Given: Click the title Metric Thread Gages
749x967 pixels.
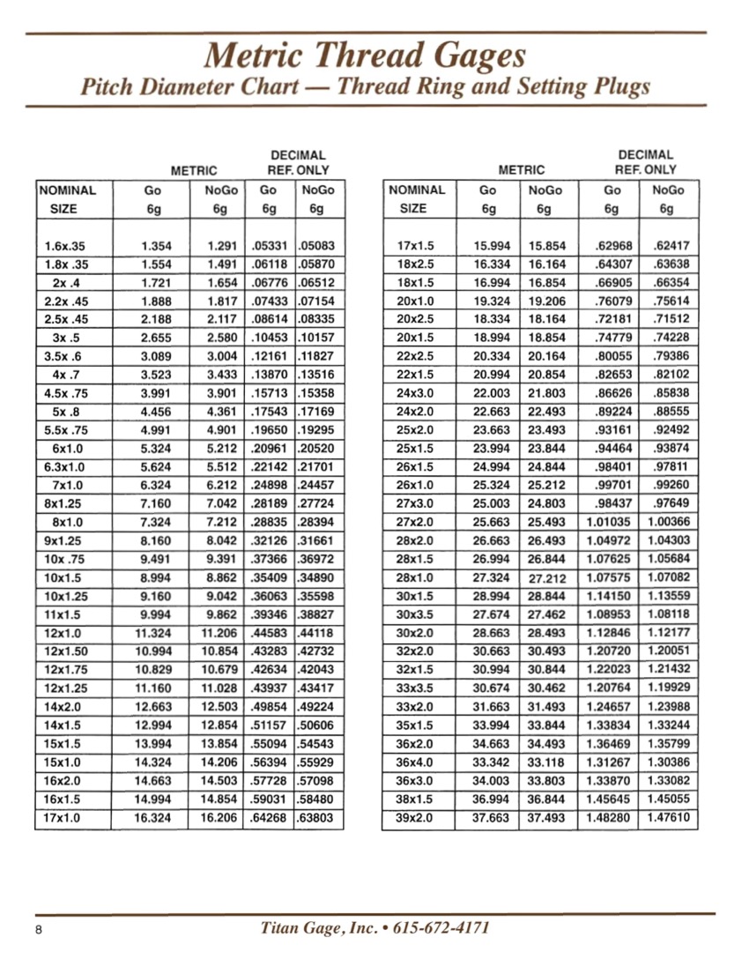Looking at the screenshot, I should pyautogui.click(x=365, y=56).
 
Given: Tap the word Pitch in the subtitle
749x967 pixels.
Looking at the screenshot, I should pyautogui.click(x=108, y=87).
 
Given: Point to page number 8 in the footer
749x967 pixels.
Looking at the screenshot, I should pyautogui.click(x=41, y=931).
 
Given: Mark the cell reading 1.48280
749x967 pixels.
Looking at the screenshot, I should pyautogui.click(x=609, y=819).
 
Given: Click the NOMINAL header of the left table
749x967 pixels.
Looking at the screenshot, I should pyautogui.click(x=68, y=189).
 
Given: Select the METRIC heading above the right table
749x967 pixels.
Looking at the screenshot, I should pyautogui.click(x=522, y=169).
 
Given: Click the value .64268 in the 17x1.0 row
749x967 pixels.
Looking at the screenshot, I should pyautogui.click(x=270, y=819).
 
